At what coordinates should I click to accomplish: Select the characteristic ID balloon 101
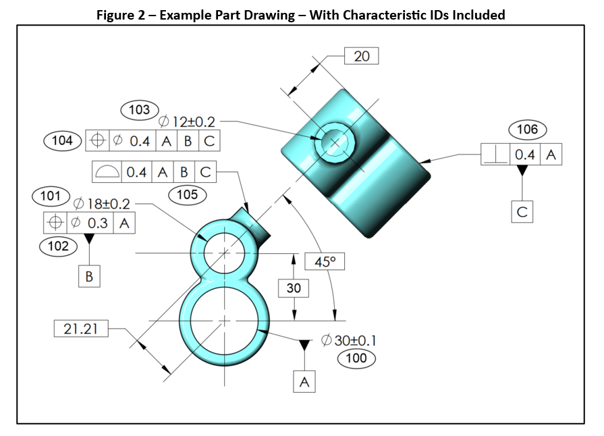click(x=51, y=196)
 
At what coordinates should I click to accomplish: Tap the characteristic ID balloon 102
click(x=58, y=246)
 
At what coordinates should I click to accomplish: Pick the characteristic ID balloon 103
click(x=139, y=109)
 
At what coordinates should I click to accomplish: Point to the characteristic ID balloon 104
click(x=63, y=140)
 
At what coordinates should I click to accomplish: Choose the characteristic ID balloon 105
click(x=187, y=195)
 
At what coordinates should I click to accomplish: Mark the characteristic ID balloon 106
click(x=528, y=130)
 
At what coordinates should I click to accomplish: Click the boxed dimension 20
click(x=362, y=55)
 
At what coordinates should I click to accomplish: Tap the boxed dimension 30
click(x=294, y=288)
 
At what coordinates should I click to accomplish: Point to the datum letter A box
click(x=304, y=382)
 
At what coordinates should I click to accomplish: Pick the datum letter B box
click(x=89, y=277)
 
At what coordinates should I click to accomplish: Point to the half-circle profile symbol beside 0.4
click(x=107, y=172)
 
